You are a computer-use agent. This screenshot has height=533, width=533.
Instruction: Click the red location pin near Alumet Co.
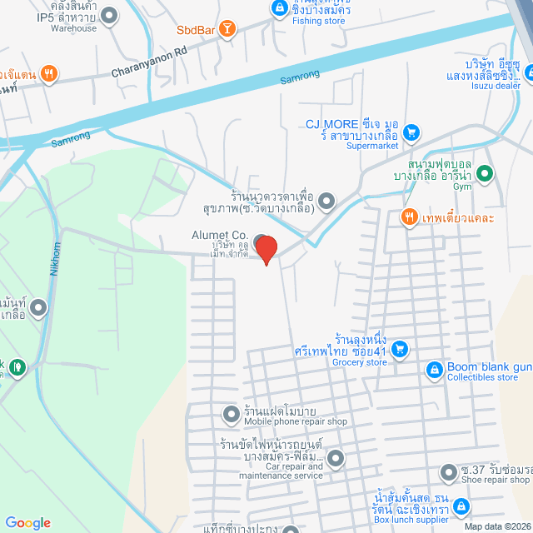coord(266,248)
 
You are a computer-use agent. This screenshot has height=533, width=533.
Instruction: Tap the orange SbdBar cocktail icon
coord(228,31)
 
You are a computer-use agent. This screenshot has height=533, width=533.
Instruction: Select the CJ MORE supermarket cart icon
coord(411,132)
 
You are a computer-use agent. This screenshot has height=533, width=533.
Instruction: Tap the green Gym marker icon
coord(486,174)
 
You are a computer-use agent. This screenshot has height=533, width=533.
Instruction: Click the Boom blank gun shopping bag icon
coord(433,369)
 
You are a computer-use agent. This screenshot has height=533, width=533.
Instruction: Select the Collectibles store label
coord(482,377)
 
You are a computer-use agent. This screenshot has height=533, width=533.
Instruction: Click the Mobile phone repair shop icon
coord(231,413)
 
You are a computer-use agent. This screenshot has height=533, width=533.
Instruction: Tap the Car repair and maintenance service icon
coord(335,458)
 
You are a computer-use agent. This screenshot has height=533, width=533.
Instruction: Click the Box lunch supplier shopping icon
coord(461,506)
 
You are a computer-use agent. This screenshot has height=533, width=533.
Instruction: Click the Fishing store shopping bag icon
coord(279,9)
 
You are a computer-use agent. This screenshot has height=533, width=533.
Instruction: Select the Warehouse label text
coord(73,27)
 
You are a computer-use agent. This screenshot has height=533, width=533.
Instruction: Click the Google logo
coord(27,522)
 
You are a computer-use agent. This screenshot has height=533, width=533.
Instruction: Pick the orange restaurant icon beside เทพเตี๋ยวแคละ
coord(408,218)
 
